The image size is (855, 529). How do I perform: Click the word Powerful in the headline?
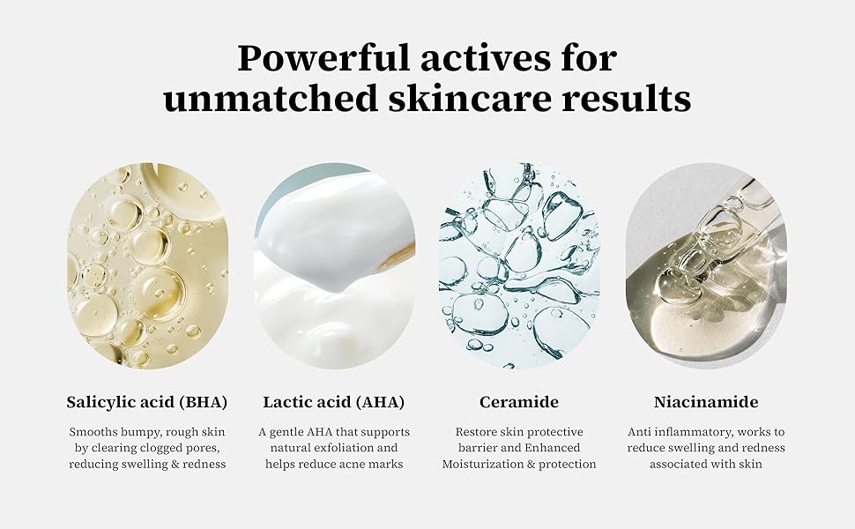(323, 58)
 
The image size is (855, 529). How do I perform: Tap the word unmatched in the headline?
(271, 99)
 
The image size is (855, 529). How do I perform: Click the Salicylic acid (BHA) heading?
(146, 402)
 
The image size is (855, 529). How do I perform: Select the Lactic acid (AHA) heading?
(334, 402)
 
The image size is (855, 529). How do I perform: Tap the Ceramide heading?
(519, 402)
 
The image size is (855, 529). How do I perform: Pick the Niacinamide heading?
(706, 402)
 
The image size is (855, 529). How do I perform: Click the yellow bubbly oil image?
(147, 265)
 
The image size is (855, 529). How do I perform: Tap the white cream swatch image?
(334, 265)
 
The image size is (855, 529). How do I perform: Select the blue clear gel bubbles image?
(520, 265)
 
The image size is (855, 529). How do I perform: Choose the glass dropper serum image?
(706, 265)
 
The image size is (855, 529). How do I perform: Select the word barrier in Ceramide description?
(477, 448)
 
